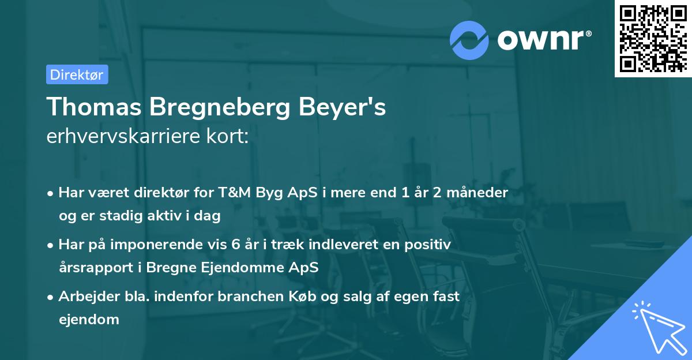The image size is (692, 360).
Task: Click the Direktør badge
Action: [77, 74]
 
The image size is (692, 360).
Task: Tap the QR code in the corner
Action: [652, 38]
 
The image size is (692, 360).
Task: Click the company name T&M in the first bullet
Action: [233, 193]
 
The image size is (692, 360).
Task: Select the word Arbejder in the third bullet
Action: [84, 297]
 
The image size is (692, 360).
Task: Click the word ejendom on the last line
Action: [89, 319]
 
